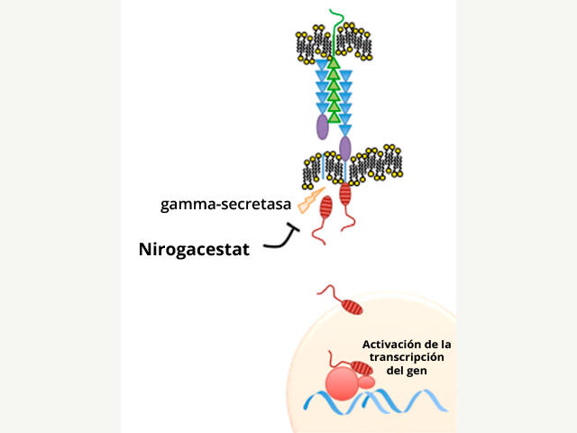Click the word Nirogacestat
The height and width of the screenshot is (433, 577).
[194, 248]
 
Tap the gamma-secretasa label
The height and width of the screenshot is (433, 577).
[225, 204]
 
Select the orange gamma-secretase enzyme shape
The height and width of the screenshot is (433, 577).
[302, 199]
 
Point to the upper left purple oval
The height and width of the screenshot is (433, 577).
[322, 126]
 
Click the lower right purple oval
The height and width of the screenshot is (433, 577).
[344, 148]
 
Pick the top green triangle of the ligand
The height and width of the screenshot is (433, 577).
[334, 63]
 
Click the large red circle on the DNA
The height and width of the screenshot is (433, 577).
[343, 382]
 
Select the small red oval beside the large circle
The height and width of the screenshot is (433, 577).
[368, 383]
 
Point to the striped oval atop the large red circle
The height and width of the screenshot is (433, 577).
[361, 368]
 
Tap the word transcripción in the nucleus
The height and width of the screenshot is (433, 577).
[406, 357]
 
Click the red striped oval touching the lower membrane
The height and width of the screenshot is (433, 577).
[345, 193]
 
